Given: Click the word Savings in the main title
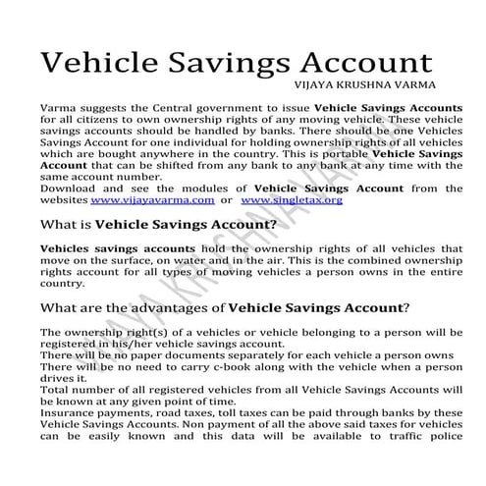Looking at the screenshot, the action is [228, 63].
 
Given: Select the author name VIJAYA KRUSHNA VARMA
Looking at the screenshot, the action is [384, 85].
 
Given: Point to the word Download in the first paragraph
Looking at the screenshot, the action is [66, 188].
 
